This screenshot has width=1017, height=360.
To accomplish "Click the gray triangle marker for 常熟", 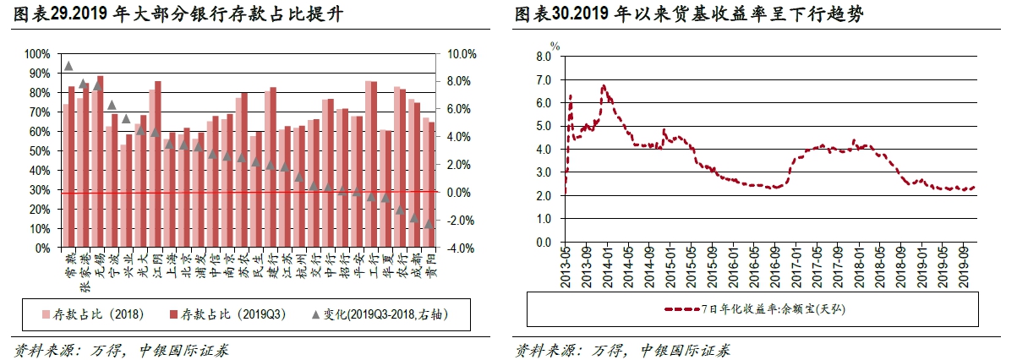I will [x=68, y=66].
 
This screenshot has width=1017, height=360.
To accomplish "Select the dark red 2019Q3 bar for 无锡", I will [x=101, y=161].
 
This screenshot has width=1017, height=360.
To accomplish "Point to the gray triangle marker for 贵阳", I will [x=429, y=223].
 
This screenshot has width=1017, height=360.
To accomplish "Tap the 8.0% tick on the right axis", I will [x=462, y=82].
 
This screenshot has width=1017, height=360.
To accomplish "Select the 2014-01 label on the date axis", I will [x=606, y=265].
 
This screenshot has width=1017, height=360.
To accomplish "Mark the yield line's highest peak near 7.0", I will [x=603, y=85].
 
